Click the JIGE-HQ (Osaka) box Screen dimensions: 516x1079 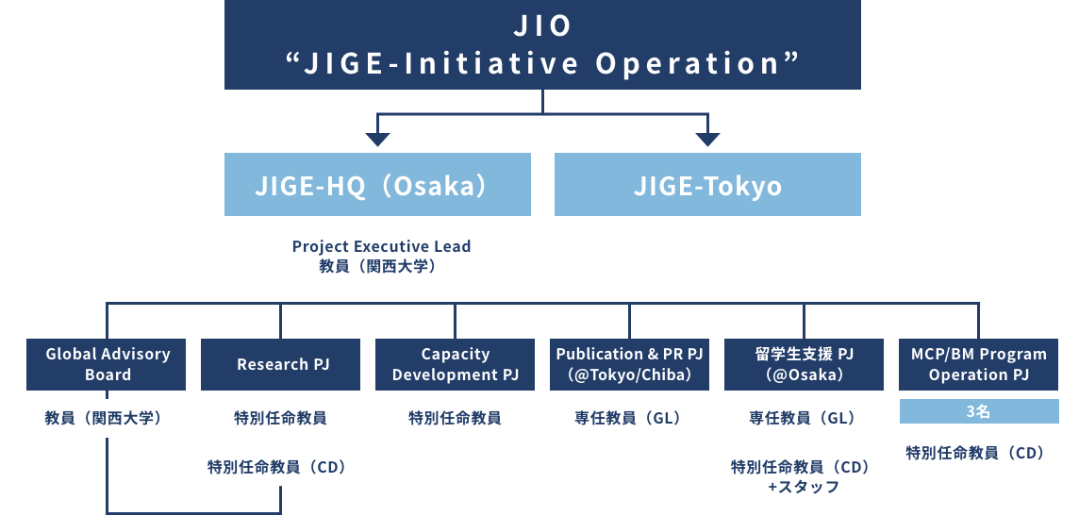click(377, 185)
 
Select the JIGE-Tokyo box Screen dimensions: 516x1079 click(707, 185)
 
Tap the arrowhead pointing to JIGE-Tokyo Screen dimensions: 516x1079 click(707, 140)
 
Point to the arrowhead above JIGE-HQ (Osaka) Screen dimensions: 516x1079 click(377, 140)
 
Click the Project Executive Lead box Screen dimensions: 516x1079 click(377, 255)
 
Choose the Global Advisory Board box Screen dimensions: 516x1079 click(107, 364)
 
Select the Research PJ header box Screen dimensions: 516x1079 click(280, 364)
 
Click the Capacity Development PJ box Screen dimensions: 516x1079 click(455, 364)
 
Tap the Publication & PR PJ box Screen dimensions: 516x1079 click(629, 364)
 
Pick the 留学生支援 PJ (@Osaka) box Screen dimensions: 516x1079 click(804, 364)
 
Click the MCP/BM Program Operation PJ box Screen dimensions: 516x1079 click(978, 364)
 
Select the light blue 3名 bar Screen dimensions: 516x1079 click(978, 412)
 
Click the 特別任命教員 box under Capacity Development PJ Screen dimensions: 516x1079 click(455, 418)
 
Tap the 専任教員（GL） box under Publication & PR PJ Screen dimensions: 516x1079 click(629, 418)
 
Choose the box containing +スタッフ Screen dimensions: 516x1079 click(804, 476)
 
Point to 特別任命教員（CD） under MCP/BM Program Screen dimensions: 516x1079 click(978, 453)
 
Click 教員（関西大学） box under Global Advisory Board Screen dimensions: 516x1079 click(107, 418)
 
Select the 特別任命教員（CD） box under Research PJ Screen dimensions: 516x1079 click(280, 466)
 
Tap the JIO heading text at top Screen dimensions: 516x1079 click(542, 25)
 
